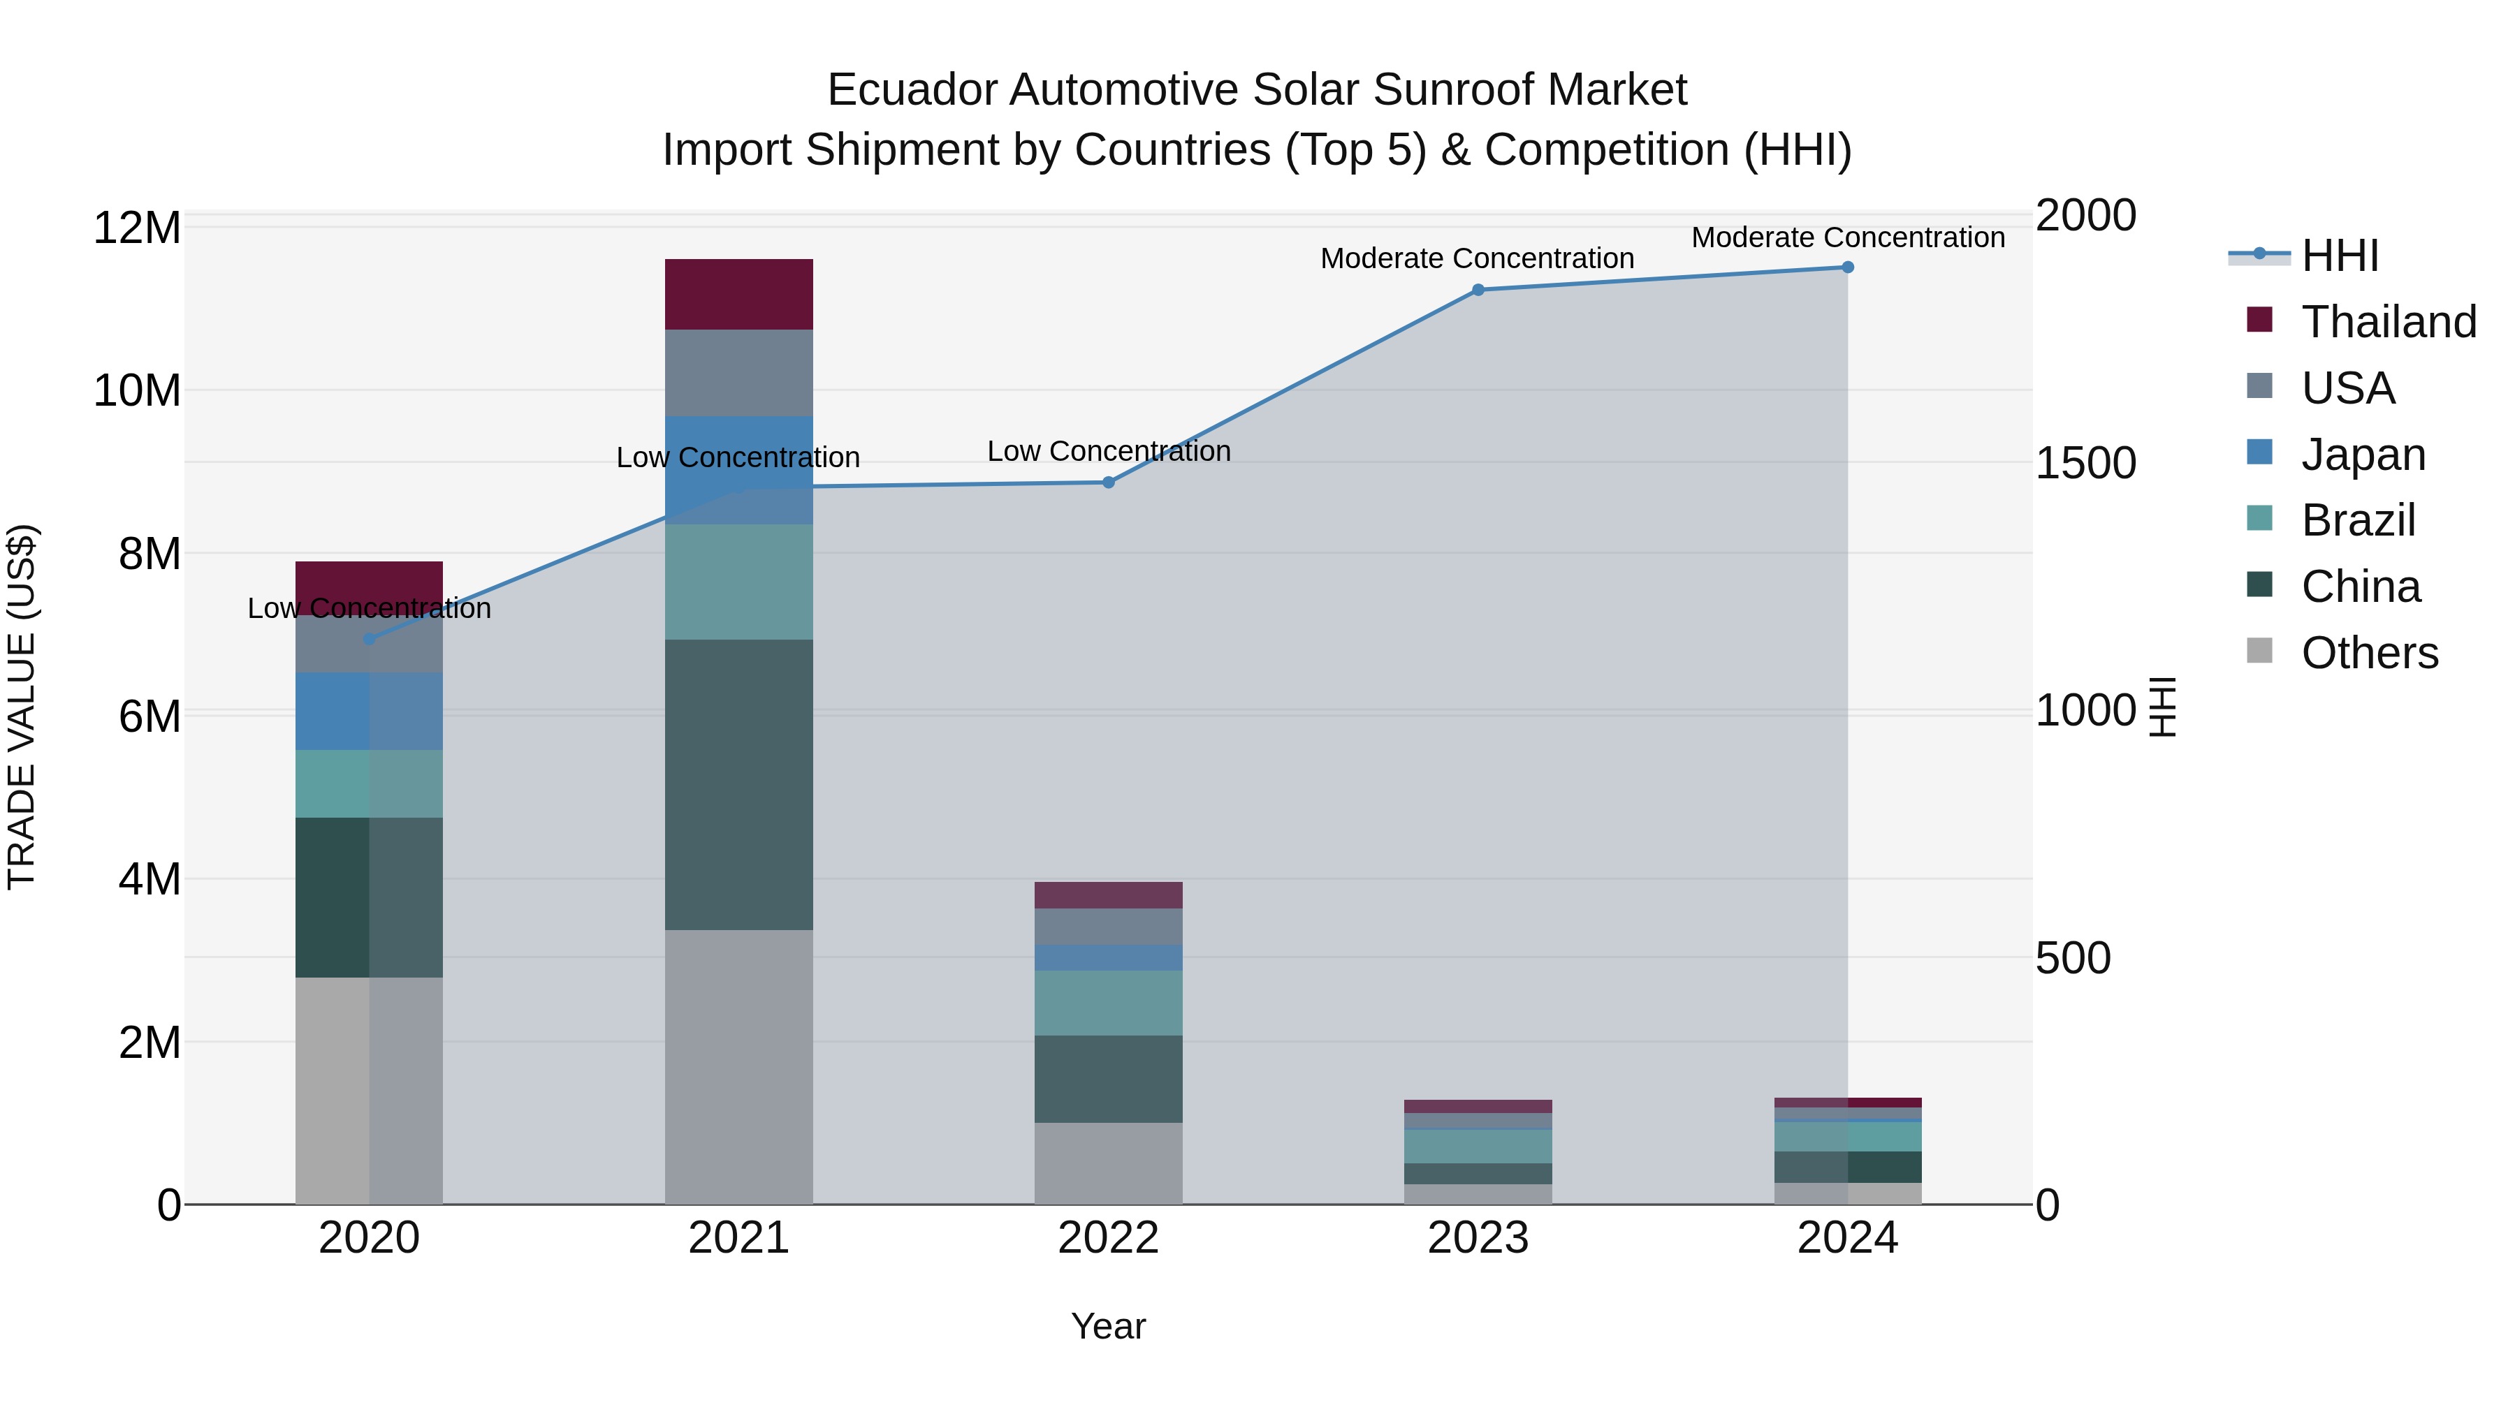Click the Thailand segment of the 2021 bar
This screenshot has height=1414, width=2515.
738,294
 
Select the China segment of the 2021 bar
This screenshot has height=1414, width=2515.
738,785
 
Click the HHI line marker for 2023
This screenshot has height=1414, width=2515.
1477,290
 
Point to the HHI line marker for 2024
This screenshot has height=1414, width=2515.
1847,267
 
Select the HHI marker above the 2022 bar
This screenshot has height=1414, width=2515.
1108,482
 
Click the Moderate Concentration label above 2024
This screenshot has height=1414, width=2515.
1847,237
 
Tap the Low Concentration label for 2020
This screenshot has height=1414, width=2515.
369,608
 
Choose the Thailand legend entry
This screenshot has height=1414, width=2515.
2387,322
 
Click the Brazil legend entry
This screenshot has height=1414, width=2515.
2357,520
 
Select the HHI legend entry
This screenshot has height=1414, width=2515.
2339,256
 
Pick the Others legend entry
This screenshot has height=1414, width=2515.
2368,653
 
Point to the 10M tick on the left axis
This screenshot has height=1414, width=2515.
137,391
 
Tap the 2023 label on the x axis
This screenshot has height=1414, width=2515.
1477,1238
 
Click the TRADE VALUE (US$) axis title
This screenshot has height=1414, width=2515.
22,707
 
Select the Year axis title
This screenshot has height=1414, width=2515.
1108,1326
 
